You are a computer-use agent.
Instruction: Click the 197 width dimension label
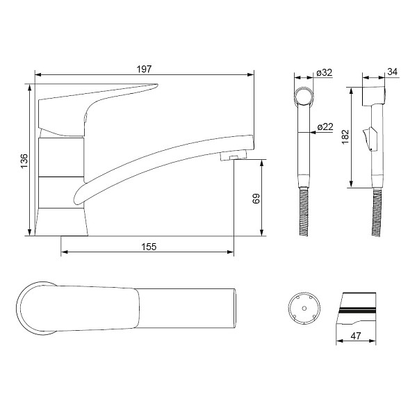pos(144,69)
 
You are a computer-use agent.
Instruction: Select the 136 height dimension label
pos(24,161)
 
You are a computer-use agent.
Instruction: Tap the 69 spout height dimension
pos(256,198)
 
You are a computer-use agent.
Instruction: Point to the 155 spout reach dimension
pos(149,247)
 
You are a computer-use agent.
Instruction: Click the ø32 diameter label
pos(325,72)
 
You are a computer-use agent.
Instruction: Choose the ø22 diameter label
pos(325,126)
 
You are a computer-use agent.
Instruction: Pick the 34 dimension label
pos(392,72)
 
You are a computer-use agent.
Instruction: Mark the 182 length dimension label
pos(345,137)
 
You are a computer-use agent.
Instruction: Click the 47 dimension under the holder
pos(356,336)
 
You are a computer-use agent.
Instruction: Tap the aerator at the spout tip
pos(234,156)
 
